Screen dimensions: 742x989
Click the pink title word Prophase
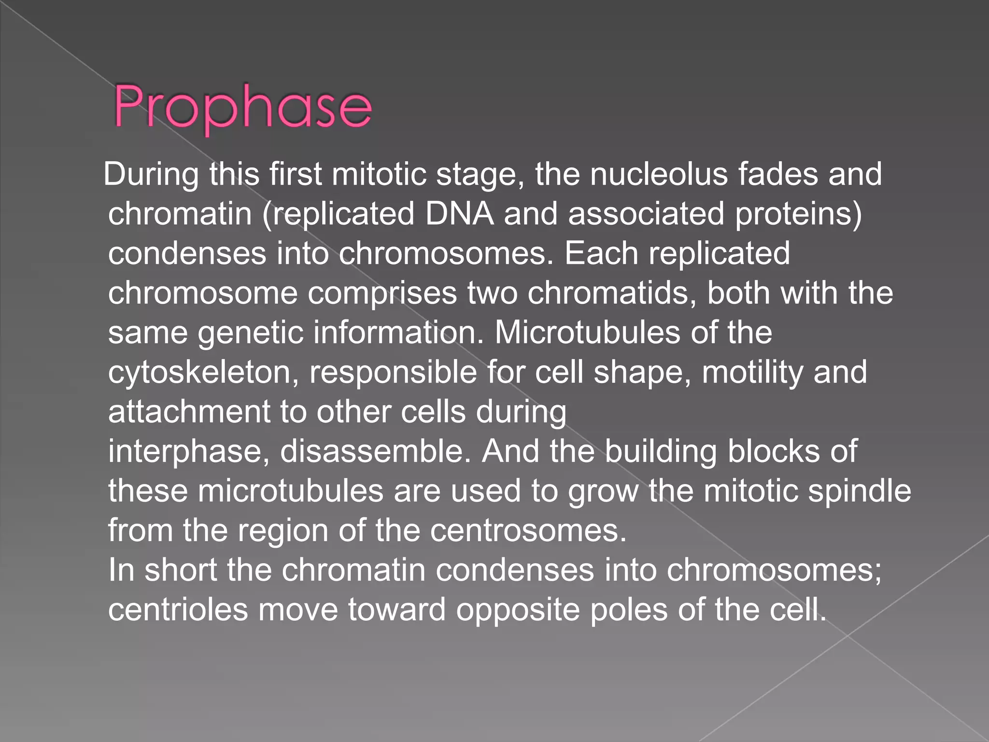[243, 107]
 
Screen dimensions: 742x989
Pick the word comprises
[382, 293]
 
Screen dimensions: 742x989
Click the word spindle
[860, 491]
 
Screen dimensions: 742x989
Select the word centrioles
[178, 610]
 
